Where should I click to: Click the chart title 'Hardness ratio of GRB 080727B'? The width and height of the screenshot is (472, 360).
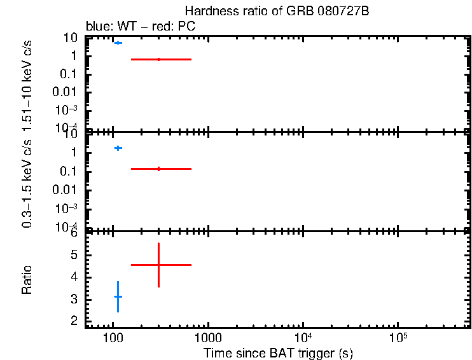277,12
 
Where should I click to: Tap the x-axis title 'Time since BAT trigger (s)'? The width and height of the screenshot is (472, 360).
278,353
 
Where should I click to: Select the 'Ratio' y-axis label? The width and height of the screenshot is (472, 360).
27,280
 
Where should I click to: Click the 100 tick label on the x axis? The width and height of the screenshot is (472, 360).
113,337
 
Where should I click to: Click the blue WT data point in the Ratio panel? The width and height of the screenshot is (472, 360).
118,297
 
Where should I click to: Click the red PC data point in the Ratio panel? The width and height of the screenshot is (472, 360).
158,265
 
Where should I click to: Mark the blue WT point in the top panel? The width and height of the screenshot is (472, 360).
118,43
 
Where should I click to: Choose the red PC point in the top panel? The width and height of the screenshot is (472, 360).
158,59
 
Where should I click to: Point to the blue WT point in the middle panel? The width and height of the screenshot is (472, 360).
118,148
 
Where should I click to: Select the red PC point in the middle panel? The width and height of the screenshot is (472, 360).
158,169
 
